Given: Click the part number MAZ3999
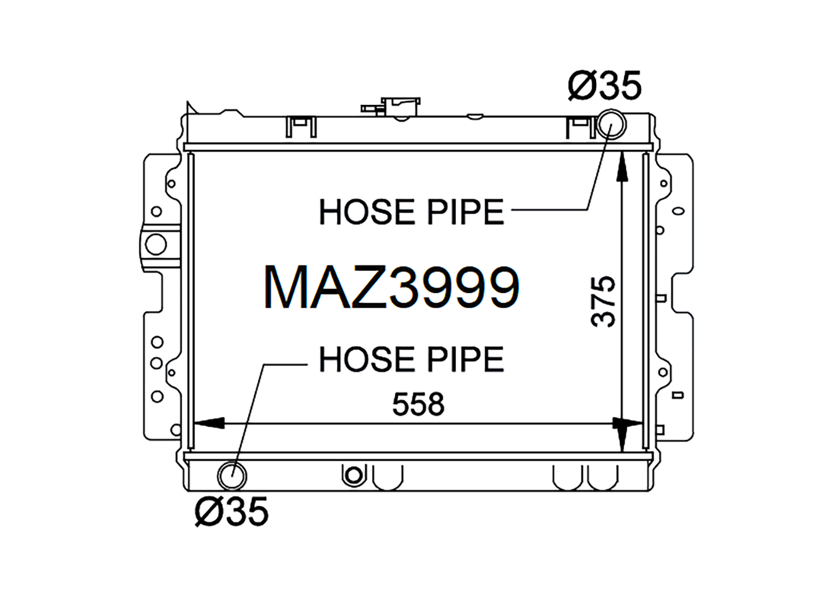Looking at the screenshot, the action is [392, 287].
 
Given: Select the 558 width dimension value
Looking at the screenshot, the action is [418, 404].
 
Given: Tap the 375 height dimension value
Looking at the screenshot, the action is [603, 302].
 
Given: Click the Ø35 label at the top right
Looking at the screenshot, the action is [604, 85].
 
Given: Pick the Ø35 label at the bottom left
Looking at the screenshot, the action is [232, 511].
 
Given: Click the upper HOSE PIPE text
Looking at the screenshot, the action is [411, 212].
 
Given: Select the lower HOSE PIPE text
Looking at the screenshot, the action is [411, 358].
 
